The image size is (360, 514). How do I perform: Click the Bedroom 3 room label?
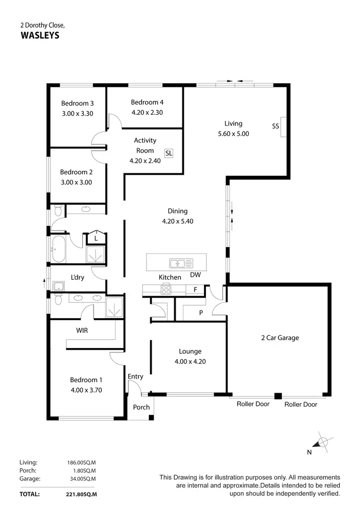[x=77, y=103]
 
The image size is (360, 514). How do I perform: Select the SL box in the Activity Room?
[x=168, y=153]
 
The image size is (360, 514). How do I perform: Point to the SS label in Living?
[x=276, y=127]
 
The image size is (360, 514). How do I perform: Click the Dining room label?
[x=178, y=211]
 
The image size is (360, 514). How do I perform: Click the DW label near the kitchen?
[x=195, y=275]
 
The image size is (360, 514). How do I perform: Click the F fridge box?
[x=195, y=289]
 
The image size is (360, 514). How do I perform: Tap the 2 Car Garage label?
[x=280, y=337]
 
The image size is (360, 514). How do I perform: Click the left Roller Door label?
[x=253, y=404]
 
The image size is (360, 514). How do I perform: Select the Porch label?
[x=141, y=407]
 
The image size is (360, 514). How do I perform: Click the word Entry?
[x=135, y=377]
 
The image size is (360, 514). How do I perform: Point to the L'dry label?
[x=78, y=277]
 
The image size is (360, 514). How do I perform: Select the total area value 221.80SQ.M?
[x=81, y=494]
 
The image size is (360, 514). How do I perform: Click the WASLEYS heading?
[x=40, y=35]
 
